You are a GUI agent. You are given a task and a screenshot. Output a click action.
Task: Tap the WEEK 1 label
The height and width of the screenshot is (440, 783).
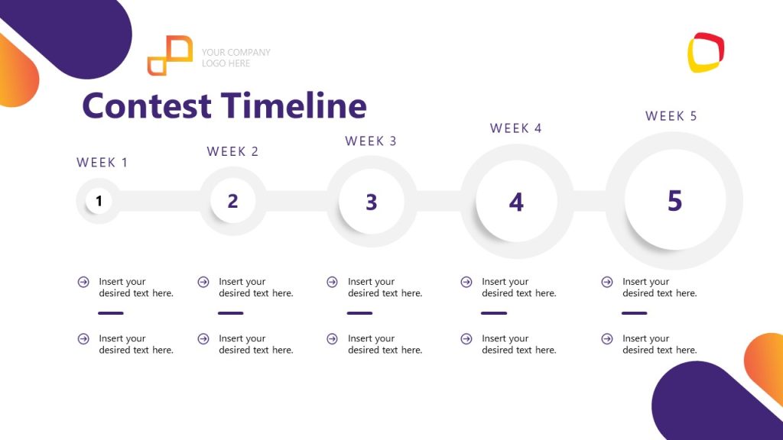click(x=102, y=163)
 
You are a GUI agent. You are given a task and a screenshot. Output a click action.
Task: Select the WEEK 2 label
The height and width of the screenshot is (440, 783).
click(x=232, y=151)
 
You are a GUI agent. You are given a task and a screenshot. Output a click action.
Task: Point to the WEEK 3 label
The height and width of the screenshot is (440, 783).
click(x=371, y=141)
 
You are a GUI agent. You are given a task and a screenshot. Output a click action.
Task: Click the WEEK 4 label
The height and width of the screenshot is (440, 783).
click(x=516, y=128)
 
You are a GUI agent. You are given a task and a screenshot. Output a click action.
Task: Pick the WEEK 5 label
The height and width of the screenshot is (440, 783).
click(x=671, y=116)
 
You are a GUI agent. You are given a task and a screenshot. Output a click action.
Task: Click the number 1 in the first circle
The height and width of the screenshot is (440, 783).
click(x=99, y=202)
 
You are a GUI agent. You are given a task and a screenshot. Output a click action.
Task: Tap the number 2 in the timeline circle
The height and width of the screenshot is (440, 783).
click(x=232, y=202)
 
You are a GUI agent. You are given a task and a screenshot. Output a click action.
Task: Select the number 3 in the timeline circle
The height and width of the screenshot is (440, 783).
click(x=371, y=202)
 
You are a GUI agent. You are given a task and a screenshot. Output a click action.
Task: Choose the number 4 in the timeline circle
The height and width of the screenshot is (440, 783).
click(x=516, y=202)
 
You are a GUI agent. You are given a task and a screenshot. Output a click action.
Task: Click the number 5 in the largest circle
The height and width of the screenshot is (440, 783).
click(x=674, y=201)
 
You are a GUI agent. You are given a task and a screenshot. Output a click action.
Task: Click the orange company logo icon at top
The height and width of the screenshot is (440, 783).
click(x=170, y=55)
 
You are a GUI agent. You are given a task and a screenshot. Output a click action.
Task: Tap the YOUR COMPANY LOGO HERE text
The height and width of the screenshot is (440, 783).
click(x=236, y=58)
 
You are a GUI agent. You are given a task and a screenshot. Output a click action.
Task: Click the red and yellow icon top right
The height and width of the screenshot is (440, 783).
click(x=706, y=52)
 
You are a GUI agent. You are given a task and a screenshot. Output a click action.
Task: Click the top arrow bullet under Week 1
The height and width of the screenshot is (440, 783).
click(x=83, y=282)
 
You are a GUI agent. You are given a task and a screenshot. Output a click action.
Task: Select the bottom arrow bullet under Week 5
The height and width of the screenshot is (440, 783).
click(x=607, y=338)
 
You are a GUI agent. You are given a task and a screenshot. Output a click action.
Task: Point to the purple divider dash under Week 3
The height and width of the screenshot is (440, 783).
click(x=359, y=313)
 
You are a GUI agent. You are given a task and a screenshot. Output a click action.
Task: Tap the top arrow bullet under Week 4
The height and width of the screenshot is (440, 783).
click(x=466, y=282)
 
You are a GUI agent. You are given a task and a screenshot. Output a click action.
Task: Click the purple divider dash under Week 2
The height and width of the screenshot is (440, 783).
click(x=230, y=313)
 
